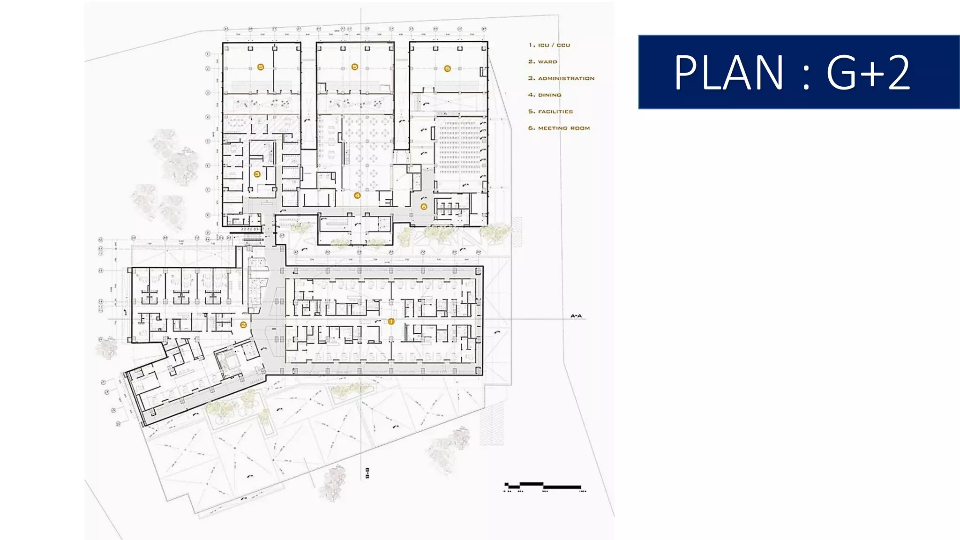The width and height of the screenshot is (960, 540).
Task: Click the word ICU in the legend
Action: pos(543,45)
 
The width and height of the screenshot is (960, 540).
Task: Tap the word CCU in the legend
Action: pos(563,45)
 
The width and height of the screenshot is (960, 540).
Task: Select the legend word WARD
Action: pos(547,62)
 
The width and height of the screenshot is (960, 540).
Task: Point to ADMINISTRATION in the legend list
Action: pos(566,78)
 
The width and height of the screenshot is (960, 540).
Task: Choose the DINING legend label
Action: pos(549,95)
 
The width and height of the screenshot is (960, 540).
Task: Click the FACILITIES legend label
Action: pos(555,112)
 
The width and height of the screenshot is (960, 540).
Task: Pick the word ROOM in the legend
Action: pos(580,128)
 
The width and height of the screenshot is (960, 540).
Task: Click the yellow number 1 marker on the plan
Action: pos(391,322)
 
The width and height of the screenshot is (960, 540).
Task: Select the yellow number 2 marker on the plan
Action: pos(243,325)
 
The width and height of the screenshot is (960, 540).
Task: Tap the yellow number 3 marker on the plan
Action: pos(257,174)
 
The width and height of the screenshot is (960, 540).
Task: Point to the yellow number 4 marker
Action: pos(357,195)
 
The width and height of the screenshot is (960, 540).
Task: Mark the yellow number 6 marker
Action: pos(424,207)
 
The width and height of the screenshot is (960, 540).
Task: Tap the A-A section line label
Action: pos(576,316)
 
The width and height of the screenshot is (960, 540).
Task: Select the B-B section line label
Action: pos(367,473)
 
